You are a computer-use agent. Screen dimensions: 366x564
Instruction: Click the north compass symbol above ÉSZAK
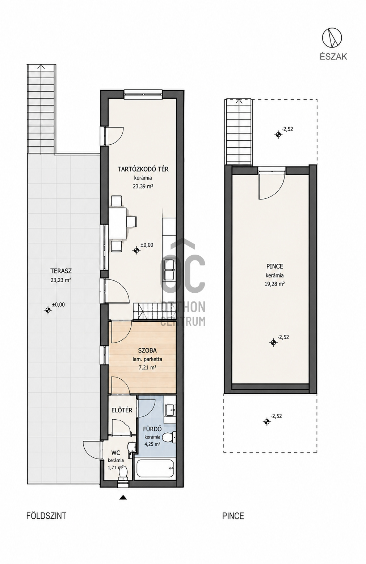click(x=332, y=38)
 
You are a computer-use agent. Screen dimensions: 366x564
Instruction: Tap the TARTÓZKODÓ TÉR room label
click(x=143, y=169)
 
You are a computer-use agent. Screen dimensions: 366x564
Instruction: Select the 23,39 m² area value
click(x=143, y=186)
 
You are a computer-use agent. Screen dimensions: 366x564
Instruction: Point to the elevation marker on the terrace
click(x=48, y=310)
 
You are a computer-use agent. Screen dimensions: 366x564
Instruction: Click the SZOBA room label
click(x=147, y=350)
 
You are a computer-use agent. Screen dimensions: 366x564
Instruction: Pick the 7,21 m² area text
click(x=147, y=368)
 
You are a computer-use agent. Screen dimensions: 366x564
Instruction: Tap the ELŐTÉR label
click(x=122, y=410)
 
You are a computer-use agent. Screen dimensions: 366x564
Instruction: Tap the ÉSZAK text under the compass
click(x=333, y=57)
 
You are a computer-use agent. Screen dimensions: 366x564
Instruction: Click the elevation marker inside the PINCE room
click(x=273, y=342)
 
